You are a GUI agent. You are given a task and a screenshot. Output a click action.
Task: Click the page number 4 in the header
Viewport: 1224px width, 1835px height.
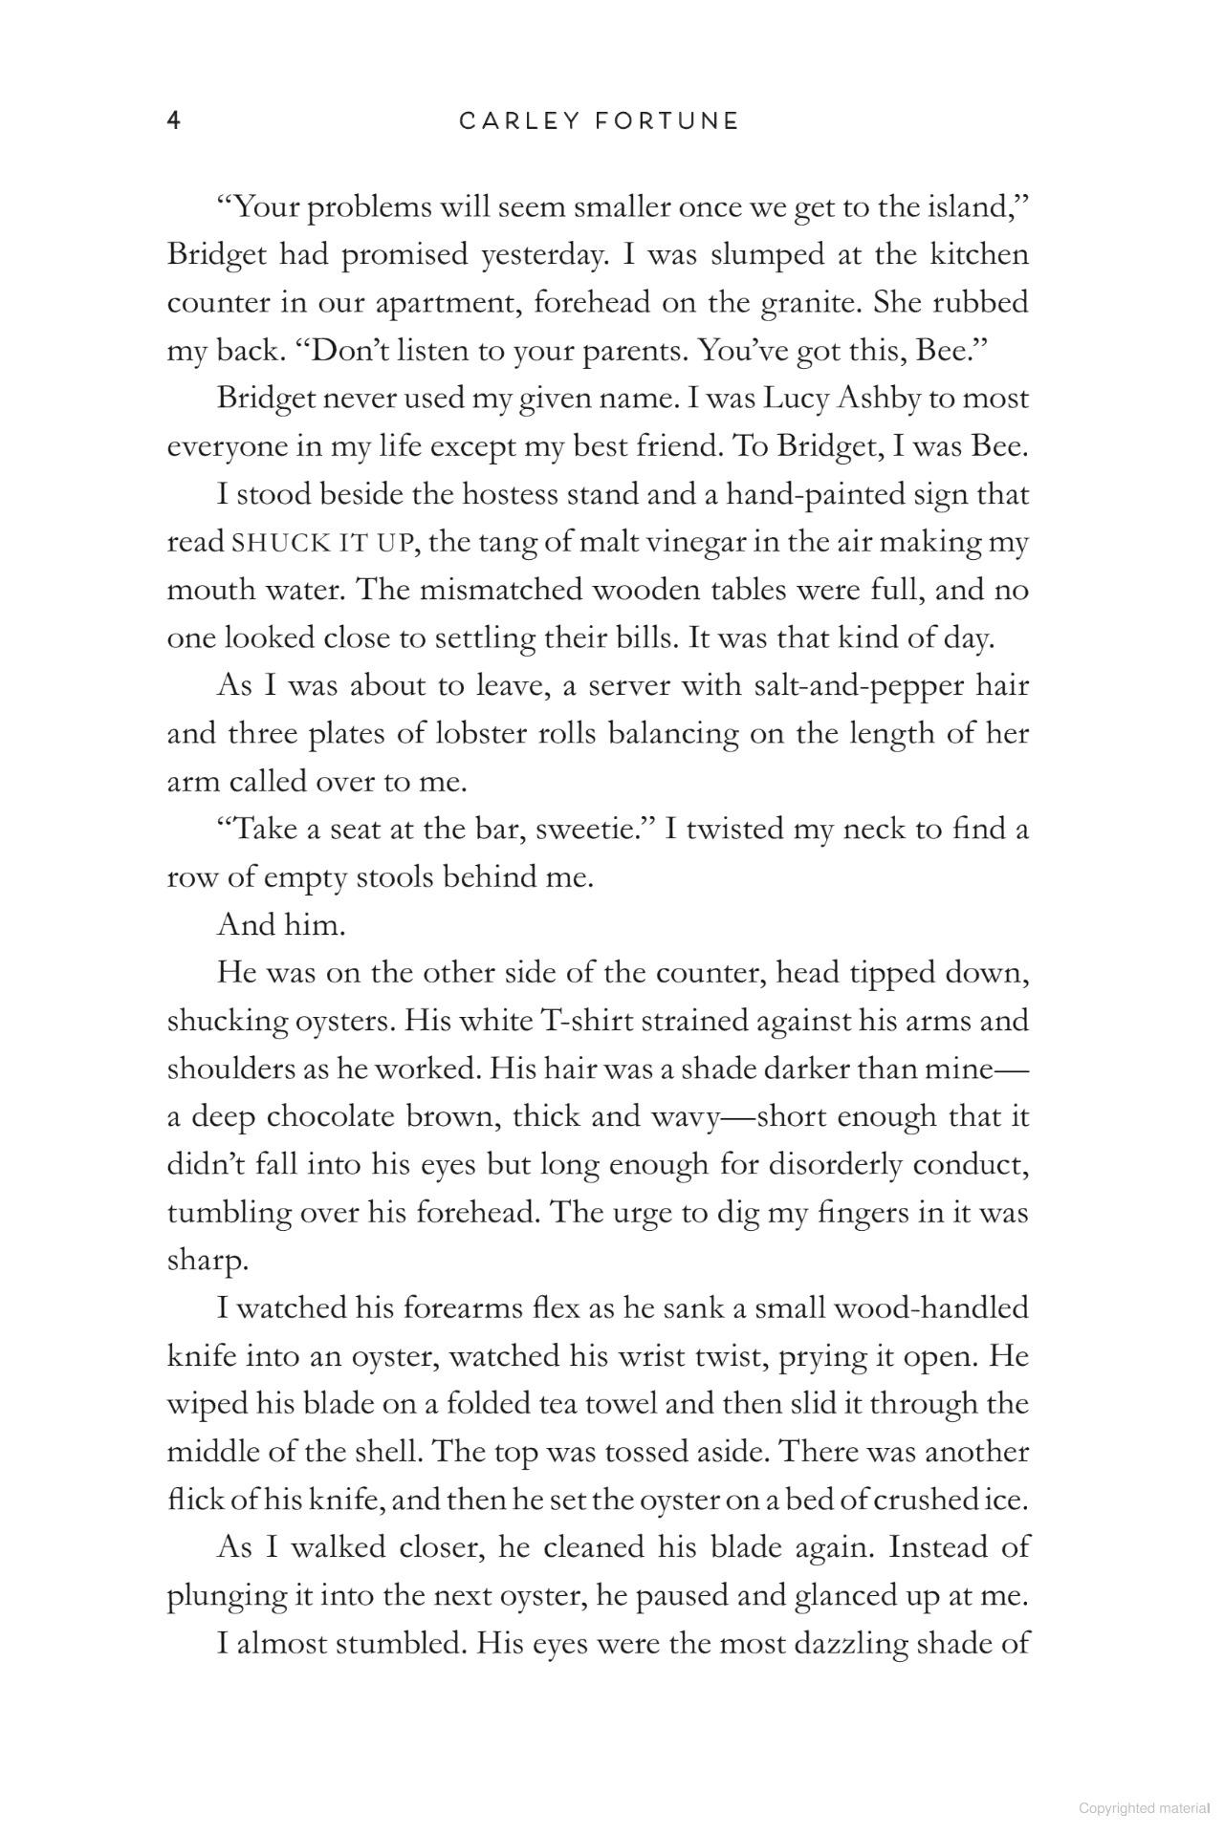coord(174,120)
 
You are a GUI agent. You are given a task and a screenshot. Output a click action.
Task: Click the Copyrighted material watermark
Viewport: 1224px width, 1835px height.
coord(1144,1807)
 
